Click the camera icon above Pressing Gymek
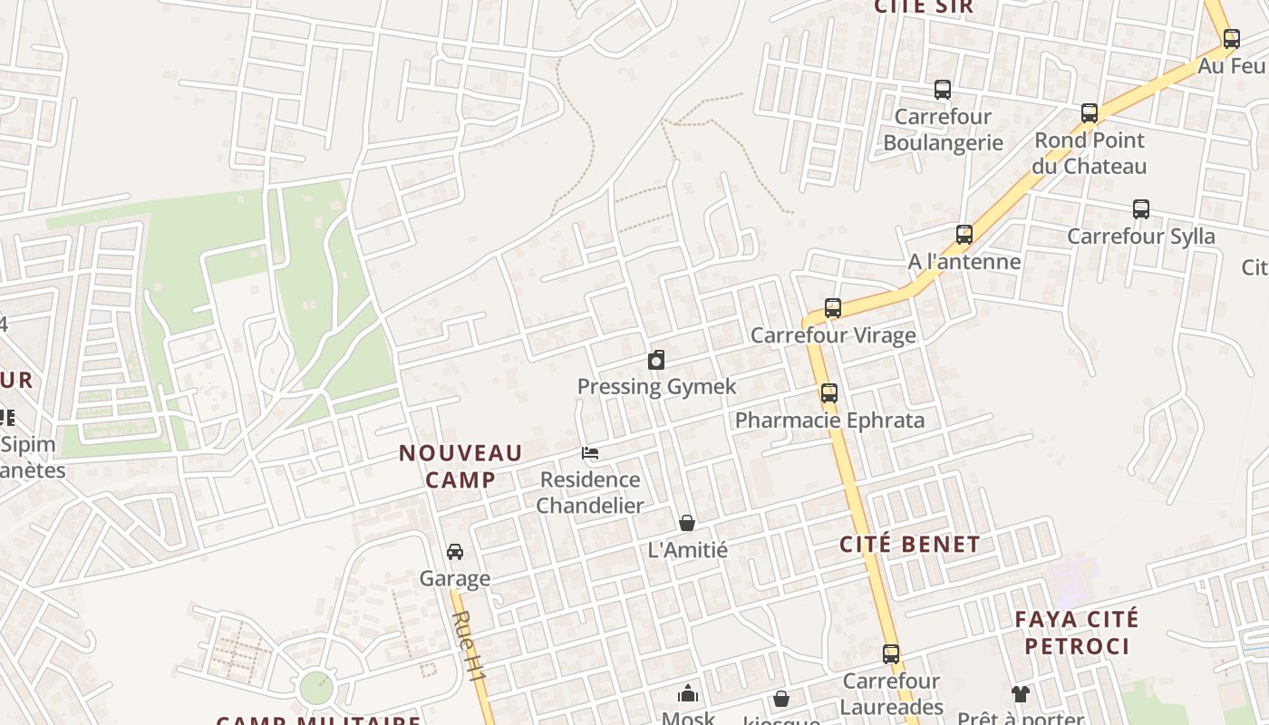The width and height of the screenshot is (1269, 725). tap(656, 361)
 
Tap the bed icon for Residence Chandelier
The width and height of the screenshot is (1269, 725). tap(590, 453)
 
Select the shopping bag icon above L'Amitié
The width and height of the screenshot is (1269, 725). tap(687, 523)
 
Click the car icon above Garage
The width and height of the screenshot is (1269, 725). tap(455, 552)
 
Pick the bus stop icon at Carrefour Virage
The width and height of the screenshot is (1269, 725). tap(833, 308)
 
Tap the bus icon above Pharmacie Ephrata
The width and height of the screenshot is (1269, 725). tap(828, 393)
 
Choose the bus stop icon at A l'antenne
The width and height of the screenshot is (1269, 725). tap(964, 235)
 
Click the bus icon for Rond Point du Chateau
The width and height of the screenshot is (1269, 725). tap(1090, 113)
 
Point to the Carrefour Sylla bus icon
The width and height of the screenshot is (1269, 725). tap(1141, 209)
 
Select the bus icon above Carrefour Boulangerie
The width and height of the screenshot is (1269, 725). tap(943, 90)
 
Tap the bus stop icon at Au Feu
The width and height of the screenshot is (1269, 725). tap(1231, 39)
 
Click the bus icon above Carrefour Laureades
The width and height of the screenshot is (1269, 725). tap(891, 654)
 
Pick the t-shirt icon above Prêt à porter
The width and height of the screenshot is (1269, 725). tap(1021, 694)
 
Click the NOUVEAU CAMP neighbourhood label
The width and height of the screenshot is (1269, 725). tap(460, 466)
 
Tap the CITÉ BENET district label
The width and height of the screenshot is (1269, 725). tap(909, 545)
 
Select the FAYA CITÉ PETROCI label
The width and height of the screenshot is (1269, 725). tap(1076, 633)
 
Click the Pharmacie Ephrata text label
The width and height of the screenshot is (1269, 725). tap(829, 420)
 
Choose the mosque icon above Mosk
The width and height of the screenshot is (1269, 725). tap(688, 694)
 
